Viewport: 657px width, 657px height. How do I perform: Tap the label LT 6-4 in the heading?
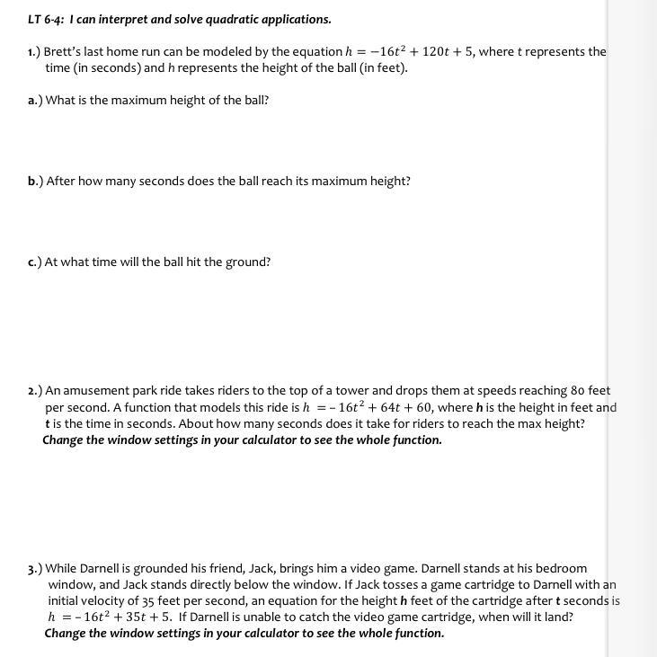[44, 19]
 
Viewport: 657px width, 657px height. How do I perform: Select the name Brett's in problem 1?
[66, 51]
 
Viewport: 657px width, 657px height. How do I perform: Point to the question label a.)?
[35, 100]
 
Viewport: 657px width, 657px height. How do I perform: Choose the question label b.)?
[35, 181]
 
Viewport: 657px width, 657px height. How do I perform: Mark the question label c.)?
[34, 262]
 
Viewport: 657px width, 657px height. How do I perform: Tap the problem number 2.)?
[35, 391]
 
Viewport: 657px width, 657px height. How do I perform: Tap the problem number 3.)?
[35, 569]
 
